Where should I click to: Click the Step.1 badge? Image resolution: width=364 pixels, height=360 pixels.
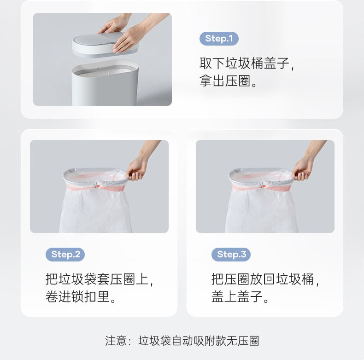click(x=219, y=39)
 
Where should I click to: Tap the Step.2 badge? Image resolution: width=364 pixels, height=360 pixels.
click(x=65, y=255)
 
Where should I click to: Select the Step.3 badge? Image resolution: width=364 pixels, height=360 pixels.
click(x=231, y=255)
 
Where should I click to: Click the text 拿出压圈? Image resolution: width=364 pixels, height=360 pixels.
click(x=225, y=81)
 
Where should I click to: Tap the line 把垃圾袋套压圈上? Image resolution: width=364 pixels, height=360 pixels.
click(x=97, y=279)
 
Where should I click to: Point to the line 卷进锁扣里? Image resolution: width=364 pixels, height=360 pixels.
click(x=77, y=296)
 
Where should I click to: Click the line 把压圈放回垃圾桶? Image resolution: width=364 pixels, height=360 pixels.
click(x=263, y=279)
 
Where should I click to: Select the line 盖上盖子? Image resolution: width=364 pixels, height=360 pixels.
click(x=237, y=296)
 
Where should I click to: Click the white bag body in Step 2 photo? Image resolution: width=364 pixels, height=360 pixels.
click(x=96, y=211)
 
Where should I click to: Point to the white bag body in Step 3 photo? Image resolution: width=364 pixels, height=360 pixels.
click(x=261, y=211)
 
